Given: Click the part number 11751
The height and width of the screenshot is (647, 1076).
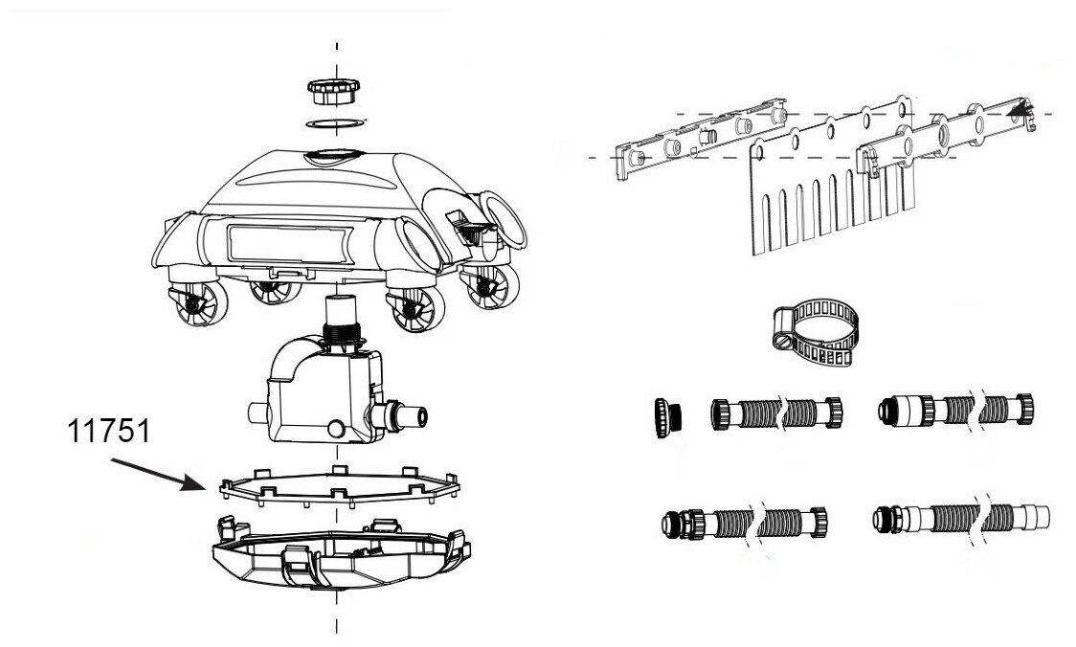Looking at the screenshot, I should [108, 432].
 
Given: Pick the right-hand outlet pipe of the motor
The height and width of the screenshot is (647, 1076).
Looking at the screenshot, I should [407, 414].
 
